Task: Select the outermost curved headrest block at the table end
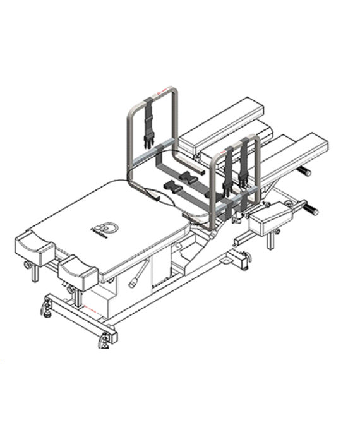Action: click(33, 246)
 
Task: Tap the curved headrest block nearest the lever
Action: click(78, 268)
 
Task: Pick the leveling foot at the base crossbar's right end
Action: click(104, 342)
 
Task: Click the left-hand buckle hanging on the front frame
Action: click(227, 173)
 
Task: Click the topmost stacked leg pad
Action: click(221, 123)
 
